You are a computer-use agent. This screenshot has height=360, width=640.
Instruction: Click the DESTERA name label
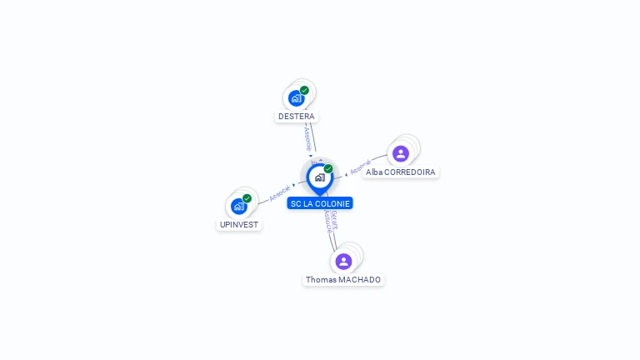click(x=297, y=117)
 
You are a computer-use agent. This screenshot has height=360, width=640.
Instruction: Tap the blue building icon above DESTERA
click(x=296, y=98)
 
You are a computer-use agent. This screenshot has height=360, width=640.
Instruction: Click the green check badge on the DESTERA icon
click(x=304, y=90)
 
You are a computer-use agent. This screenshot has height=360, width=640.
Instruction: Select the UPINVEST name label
click(x=239, y=225)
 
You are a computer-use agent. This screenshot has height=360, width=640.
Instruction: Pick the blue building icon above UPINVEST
click(x=239, y=206)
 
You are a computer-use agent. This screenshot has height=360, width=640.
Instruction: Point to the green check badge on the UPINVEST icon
click(x=247, y=198)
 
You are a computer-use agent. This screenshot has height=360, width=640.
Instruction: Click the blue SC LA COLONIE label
click(x=320, y=203)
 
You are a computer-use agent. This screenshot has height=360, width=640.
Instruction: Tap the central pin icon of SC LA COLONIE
click(x=319, y=177)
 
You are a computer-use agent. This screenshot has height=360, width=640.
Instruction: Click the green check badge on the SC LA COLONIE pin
click(x=328, y=168)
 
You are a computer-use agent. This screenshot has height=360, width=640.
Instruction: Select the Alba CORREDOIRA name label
click(x=400, y=172)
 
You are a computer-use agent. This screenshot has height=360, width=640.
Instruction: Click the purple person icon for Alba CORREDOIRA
click(x=401, y=153)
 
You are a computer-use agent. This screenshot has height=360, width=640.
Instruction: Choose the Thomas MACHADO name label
click(x=343, y=280)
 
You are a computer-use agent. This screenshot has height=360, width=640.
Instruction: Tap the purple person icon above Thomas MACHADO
click(x=343, y=262)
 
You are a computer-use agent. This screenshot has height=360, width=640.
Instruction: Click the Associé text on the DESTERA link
click(x=307, y=137)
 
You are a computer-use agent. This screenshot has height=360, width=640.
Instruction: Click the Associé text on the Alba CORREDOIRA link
click(x=360, y=167)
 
